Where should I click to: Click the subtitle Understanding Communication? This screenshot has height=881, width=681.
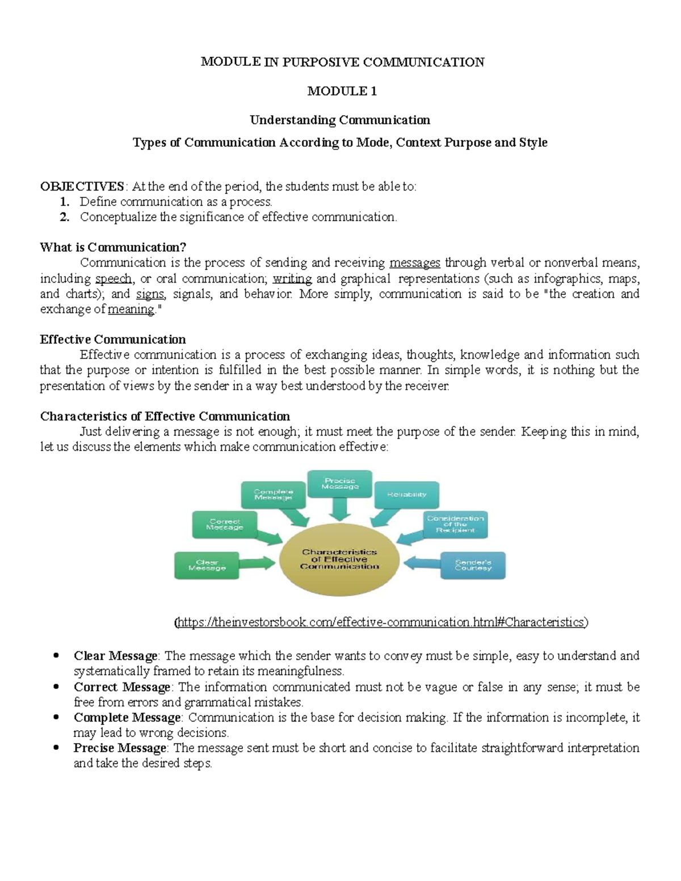coord(340,120)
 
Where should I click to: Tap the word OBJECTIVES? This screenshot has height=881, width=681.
coord(82,187)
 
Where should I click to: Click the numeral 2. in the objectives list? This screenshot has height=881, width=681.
coord(65,217)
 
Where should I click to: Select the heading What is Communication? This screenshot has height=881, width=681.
coord(113,247)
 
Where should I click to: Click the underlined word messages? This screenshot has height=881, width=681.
coord(415,263)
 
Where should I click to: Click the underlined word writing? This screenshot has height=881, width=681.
coord(292,279)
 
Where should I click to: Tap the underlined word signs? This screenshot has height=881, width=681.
coord(150,294)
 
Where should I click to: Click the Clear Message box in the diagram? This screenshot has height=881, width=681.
coord(207,565)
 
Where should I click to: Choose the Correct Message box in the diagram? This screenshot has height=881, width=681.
coord(225,524)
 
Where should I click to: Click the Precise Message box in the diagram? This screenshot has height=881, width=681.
coord(340,483)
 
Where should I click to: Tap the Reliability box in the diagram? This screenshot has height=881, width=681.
coord(406,495)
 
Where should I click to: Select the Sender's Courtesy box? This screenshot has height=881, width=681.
coord(473,565)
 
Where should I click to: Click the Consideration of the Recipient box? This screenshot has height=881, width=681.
coord(455,524)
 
